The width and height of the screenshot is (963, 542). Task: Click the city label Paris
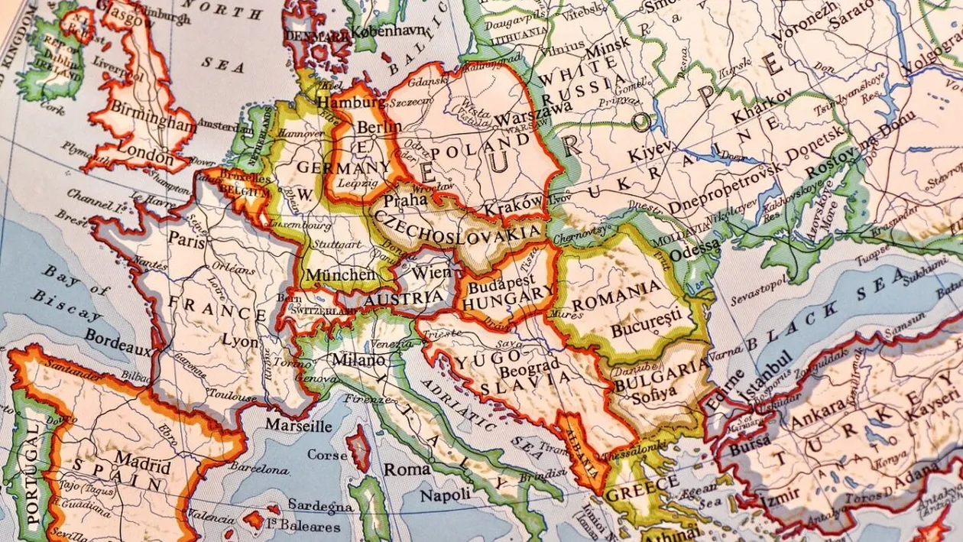point(186,239)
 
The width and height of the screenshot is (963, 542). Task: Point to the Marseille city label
point(299,426)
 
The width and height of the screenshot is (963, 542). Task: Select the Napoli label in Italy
point(445,495)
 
